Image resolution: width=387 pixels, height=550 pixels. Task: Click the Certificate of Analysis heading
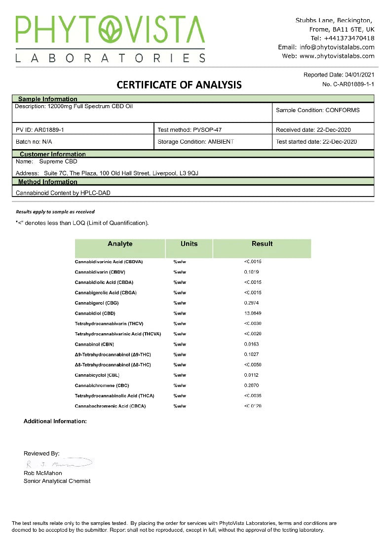tap(179, 85)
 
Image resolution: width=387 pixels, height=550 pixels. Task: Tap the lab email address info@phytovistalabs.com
tap(337, 47)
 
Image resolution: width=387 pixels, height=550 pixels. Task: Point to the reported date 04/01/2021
tap(360, 75)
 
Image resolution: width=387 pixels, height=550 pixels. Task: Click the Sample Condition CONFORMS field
tap(318, 110)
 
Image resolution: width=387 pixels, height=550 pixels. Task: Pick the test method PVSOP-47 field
tap(190, 130)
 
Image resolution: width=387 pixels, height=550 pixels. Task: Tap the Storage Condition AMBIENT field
tap(195, 142)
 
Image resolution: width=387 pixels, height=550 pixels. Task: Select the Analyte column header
tap(120, 244)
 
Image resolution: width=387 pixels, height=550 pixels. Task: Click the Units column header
tap(189, 244)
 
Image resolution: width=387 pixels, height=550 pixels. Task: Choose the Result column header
tap(262, 244)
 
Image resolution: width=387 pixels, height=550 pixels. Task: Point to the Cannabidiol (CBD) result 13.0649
tap(253, 314)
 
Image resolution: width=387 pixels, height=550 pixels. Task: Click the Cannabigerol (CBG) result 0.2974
tap(251, 303)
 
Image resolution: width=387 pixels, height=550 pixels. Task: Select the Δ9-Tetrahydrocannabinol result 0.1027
tap(251, 354)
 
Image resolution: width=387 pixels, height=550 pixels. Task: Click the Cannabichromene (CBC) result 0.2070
tap(251, 386)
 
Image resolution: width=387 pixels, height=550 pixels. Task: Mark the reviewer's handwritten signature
tap(58, 464)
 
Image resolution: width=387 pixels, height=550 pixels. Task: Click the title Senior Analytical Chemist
tap(57, 481)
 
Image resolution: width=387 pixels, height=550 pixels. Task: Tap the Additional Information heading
tap(55, 422)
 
